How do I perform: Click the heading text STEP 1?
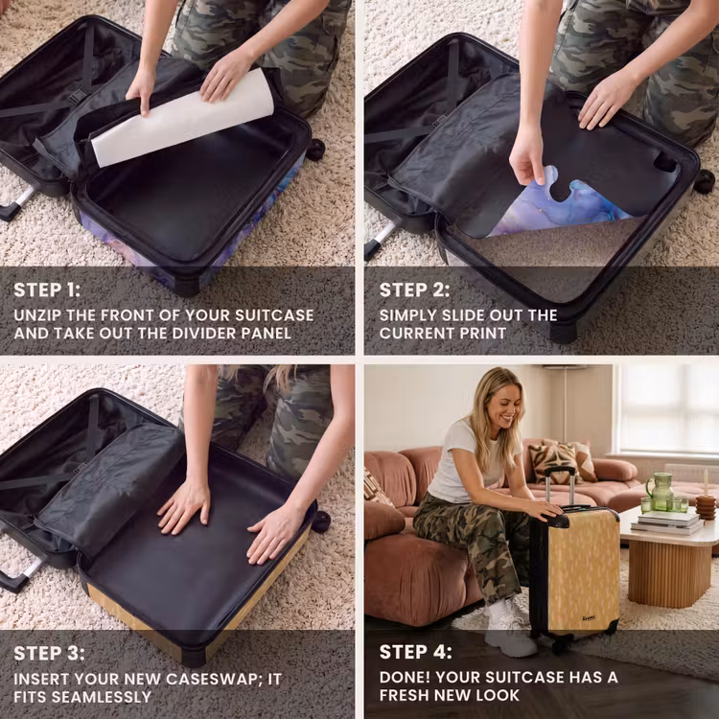click(x=47, y=290)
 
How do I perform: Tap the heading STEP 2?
click(x=414, y=290)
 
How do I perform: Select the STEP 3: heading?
click(x=49, y=654)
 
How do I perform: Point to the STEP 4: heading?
click(x=415, y=652)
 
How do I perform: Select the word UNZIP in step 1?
click(x=37, y=315)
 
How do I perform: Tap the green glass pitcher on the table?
click(x=660, y=492)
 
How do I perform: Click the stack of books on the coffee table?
click(x=666, y=522)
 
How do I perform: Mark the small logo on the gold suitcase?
click(x=589, y=617)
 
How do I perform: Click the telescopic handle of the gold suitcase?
click(x=560, y=487)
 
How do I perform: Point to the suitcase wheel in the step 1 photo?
click(x=315, y=149)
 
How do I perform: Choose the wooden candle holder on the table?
click(x=706, y=507)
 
